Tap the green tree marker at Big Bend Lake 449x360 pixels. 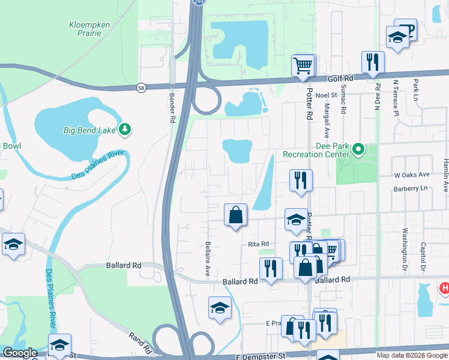125,129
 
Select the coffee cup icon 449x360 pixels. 406,28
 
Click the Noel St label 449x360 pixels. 327,94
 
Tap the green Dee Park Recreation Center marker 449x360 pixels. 359,149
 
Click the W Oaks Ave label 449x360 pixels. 411,175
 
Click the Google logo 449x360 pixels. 20,353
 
